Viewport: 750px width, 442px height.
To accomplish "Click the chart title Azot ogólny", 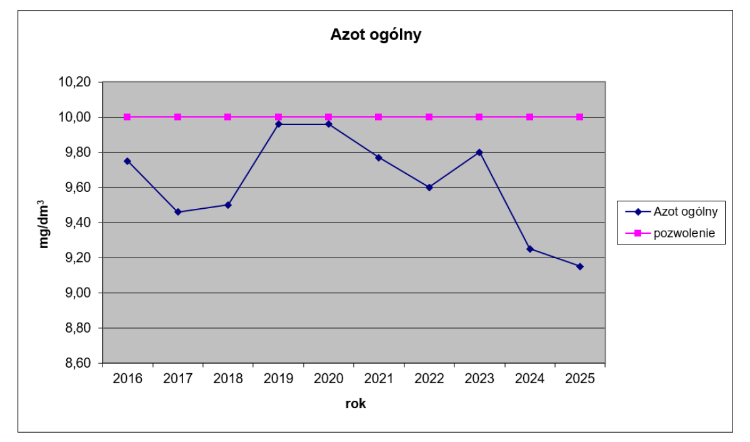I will point(376,35).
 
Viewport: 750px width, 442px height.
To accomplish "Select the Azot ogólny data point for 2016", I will point(127,161).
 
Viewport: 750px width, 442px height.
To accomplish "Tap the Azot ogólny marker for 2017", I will point(177,212).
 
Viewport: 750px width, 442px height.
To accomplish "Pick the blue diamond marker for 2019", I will point(278,124).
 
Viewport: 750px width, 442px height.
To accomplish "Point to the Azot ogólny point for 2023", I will point(479,152).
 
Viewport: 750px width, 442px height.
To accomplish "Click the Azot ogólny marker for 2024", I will point(530,249).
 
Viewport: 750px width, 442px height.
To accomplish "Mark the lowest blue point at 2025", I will point(580,266).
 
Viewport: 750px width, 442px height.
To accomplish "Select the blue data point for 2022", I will point(429,188).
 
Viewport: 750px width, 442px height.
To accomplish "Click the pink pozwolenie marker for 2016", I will point(127,117).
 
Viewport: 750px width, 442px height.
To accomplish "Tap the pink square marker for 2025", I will point(580,117).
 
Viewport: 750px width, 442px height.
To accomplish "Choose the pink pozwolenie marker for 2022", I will point(429,117).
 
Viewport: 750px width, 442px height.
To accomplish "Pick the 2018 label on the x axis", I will point(228,379).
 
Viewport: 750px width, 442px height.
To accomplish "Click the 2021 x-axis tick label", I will point(379,379).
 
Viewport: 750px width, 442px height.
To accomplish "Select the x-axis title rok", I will point(355,404).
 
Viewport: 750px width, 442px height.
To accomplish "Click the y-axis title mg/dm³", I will point(44,223).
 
